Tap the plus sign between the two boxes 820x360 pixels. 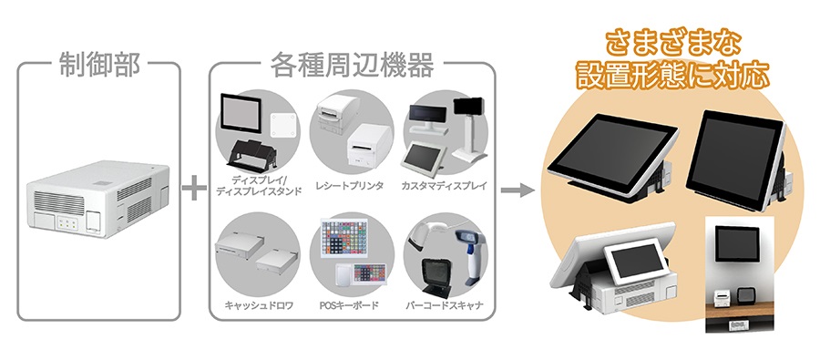coord(192,190)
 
